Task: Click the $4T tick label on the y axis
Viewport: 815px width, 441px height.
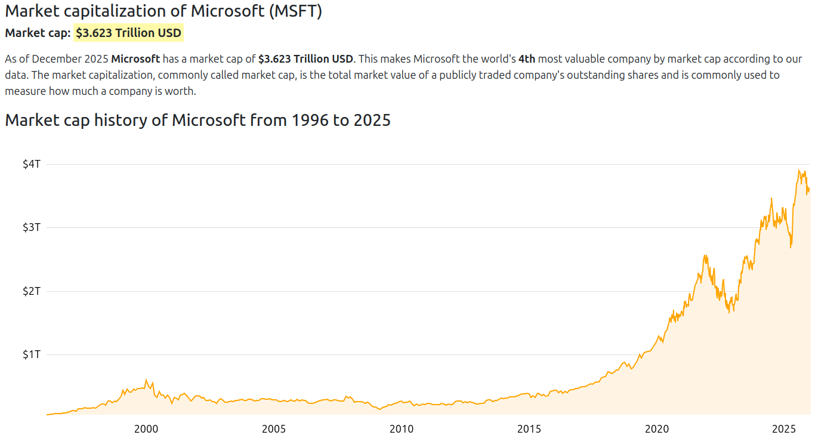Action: tap(31, 164)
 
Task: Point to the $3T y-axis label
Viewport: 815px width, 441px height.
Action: tap(31, 227)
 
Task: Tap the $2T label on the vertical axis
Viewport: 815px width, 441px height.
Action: tap(31, 291)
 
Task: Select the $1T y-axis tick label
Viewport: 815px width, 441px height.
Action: tap(31, 354)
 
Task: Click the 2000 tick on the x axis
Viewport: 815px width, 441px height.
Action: tap(146, 428)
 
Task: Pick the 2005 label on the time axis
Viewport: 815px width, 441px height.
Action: tap(274, 428)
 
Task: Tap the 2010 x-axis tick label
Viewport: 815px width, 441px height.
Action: tap(402, 428)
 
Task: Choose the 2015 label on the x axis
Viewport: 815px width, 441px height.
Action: tap(529, 428)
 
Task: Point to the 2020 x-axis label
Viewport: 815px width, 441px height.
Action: tap(657, 428)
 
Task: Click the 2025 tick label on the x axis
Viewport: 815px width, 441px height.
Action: tap(785, 428)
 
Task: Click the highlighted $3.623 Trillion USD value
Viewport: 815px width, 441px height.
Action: tap(128, 33)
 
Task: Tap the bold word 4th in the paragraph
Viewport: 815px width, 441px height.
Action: tap(527, 59)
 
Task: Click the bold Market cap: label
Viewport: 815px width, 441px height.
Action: tap(38, 33)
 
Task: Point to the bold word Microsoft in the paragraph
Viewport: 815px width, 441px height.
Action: tap(135, 59)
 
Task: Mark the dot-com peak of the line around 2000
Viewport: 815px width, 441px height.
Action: tap(146, 380)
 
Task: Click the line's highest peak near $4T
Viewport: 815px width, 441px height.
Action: tap(799, 170)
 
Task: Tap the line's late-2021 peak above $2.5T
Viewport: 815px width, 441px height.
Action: tap(705, 255)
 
